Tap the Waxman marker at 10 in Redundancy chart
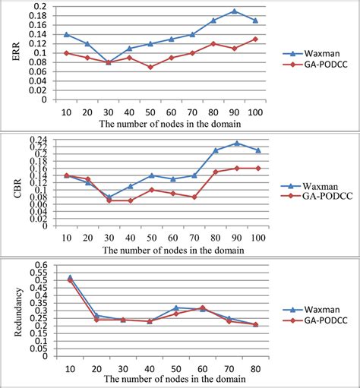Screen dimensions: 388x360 click(x=71, y=277)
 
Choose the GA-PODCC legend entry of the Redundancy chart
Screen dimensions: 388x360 click(x=314, y=323)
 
